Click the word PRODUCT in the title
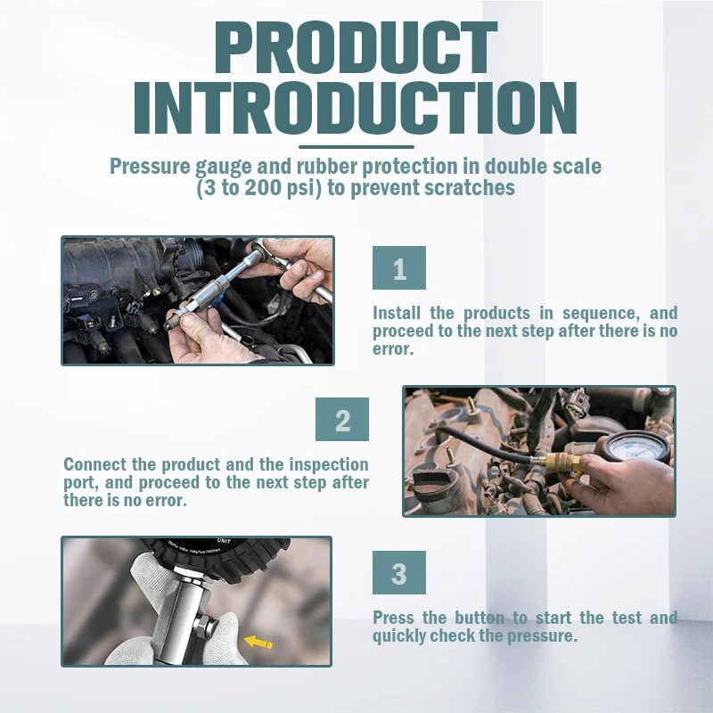click(x=356, y=48)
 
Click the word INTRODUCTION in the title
click(x=356, y=108)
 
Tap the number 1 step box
click(x=398, y=268)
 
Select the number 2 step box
click(x=342, y=419)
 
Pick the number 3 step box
click(x=398, y=572)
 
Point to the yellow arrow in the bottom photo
click(x=258, y=642)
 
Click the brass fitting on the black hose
click(x=561, y=462)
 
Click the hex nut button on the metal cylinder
click(x=206, y=626)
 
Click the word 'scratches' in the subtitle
click(x=470, y=187)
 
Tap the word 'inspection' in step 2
click(x=329, y=464)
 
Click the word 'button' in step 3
click(x=479, y=618)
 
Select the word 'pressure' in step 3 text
click(x=542, y=636)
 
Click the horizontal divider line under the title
click(x=356, y=147)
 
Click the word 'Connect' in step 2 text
click(x=94, y=464)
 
